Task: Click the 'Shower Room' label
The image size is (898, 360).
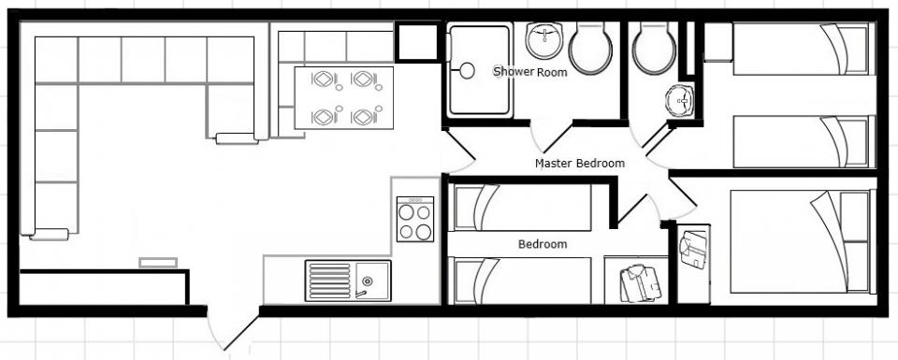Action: point(530,72)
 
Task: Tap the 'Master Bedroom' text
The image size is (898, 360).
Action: point(580,163)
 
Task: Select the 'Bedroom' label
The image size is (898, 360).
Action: point(543,244)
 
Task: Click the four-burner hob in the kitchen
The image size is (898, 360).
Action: point(415,219)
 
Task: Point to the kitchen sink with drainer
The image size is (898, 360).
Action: point(348,281)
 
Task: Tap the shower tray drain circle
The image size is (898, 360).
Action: point(468,71)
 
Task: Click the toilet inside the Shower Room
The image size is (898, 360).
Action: point(590,48)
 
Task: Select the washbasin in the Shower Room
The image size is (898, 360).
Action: point(543,40)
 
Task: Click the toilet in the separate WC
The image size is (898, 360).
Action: point(654,48)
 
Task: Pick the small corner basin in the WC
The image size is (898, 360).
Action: point(680,101)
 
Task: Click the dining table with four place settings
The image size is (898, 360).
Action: point(343,98)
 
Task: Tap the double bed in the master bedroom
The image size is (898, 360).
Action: point(802,241)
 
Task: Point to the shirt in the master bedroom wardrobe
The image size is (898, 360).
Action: point(692,249)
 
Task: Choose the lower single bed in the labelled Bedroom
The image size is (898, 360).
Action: point(522,281)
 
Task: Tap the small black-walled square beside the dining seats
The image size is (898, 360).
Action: point(417,42)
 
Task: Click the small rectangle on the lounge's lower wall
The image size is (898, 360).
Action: point(158,262)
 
